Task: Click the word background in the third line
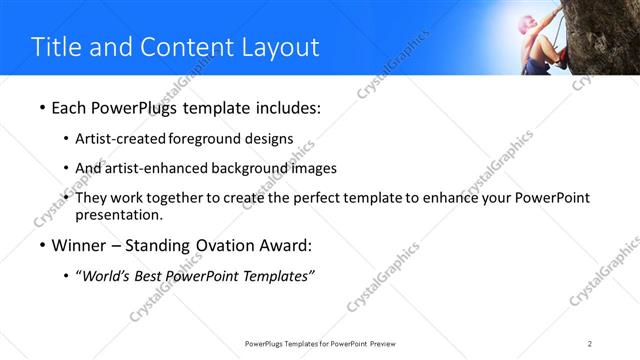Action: point(255,168)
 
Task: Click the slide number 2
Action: point(590,343)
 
